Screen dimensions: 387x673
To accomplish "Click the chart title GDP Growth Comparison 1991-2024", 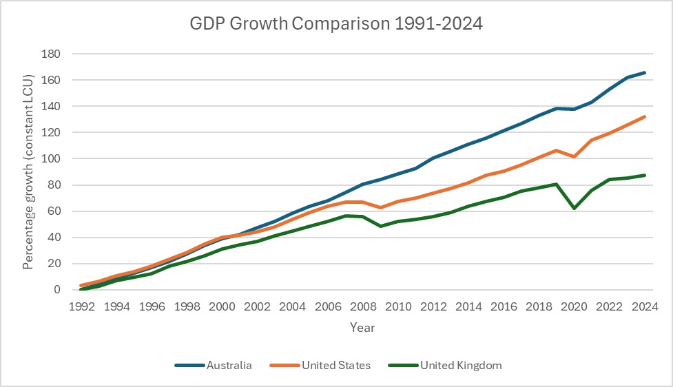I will tap(336, 25).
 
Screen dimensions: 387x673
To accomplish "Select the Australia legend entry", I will tap(229, 366).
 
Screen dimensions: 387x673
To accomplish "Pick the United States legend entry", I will tap(335, 366).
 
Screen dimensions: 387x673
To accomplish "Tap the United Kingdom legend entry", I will tap(460, 366).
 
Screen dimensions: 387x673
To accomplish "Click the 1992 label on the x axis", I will tap(82, 306).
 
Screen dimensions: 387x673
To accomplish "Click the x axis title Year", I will tap(362, 328).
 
